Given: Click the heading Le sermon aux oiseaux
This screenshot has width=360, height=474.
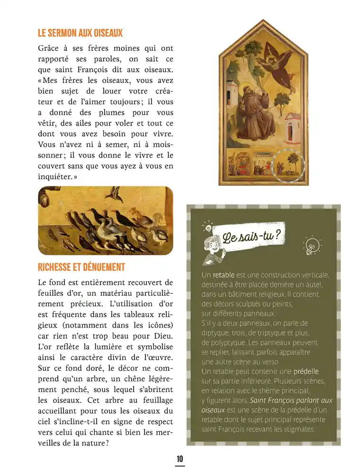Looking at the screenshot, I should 80,33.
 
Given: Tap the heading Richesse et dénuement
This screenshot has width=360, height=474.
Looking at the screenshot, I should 81,267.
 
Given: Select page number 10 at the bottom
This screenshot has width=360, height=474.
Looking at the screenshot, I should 180,459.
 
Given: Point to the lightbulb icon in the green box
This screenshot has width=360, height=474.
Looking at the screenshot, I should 312,245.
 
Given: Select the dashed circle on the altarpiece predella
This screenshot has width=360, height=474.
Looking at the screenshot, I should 289,165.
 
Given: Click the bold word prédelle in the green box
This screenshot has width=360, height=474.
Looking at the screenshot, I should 306,371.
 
